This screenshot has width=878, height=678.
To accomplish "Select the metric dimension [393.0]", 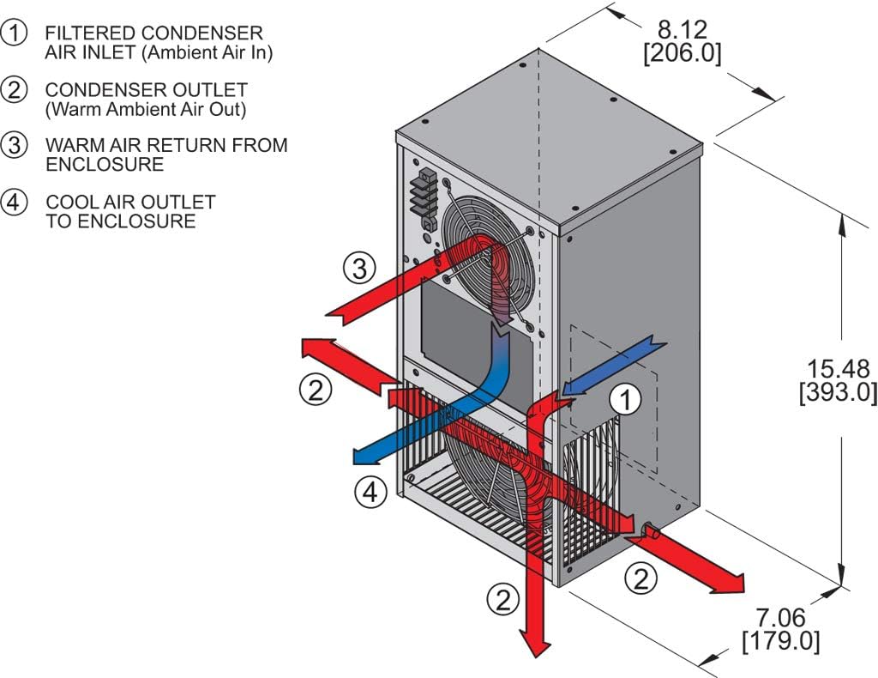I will (838, 393).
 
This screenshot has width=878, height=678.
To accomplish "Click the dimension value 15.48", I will (838, 369).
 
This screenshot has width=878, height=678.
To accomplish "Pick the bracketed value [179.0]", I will (780, 640).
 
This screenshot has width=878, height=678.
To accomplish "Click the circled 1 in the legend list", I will (15, 33).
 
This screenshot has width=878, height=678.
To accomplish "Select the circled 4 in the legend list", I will (15, 203).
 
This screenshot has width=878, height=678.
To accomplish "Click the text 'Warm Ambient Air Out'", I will (145, 109).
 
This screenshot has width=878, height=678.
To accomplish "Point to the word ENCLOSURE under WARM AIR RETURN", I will (104, 164).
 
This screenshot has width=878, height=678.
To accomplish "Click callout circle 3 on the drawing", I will (359, 269).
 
